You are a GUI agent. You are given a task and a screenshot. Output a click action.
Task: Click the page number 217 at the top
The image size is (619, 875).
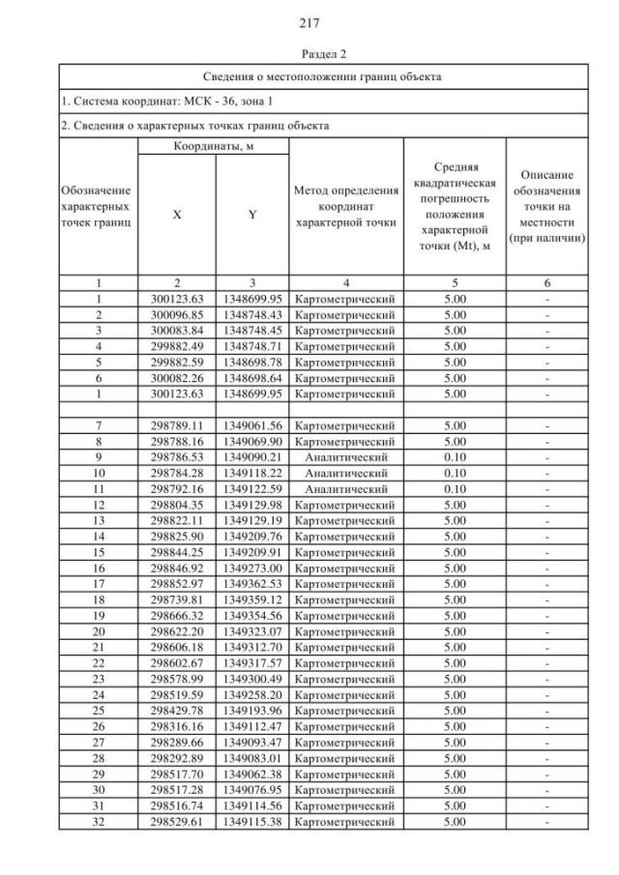tap(309, 21)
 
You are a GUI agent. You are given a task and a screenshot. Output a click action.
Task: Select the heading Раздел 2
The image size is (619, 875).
tap(309, 54)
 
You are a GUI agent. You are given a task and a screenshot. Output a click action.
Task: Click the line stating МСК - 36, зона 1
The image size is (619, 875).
tap(161, 101)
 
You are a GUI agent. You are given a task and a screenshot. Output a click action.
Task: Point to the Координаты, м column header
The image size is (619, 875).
tap(213, 146)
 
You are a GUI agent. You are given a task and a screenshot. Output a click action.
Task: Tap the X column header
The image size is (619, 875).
tap(176, 216)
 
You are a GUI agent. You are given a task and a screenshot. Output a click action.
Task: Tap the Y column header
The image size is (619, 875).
tap(251, 216)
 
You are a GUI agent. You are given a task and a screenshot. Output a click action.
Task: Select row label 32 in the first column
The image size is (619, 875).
tap(98, 821)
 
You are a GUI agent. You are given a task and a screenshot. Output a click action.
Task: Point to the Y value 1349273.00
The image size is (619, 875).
tap(251, 569)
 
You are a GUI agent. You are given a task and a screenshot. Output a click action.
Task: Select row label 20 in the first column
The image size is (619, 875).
tap(98, 631)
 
